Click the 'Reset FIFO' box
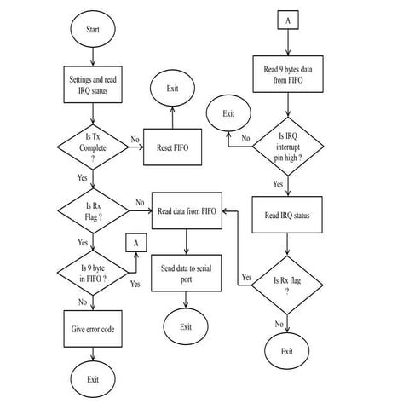click(x=173, y=146)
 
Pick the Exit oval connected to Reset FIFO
click(x=173, y=88)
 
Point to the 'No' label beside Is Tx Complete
click(x=135, y=139)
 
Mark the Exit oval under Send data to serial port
click(x=187, y=326)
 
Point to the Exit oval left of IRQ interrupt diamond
click(x=228, y=112)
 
